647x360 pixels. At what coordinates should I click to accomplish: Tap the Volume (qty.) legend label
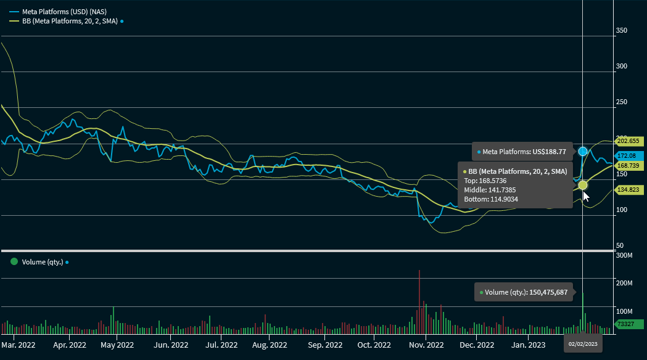pos(43,262)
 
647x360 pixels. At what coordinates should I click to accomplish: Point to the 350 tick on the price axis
pos(622,31)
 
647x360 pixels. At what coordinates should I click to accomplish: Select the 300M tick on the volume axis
pos(624,255)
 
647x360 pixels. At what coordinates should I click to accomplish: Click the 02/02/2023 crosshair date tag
pos(583,344)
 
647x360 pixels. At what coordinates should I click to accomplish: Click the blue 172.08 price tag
pos(630,156)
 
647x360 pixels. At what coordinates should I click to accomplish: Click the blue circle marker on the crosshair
pos(583,151)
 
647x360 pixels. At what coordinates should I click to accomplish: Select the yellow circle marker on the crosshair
pos(583,185)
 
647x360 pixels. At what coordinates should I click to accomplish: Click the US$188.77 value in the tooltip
pos(548,151)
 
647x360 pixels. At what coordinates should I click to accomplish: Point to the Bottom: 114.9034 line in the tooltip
pos(491,199)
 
